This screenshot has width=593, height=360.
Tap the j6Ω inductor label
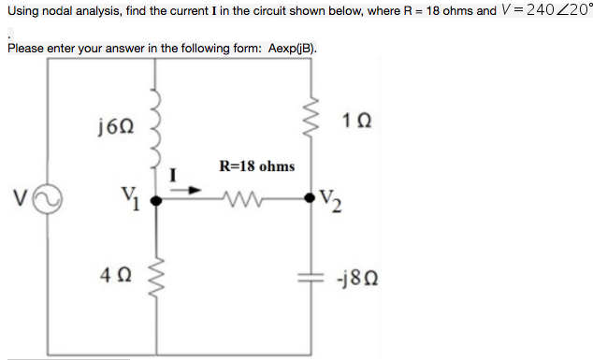[114, 123]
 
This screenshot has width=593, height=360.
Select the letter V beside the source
[19, 198]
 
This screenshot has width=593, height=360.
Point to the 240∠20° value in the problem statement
[555, 11]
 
